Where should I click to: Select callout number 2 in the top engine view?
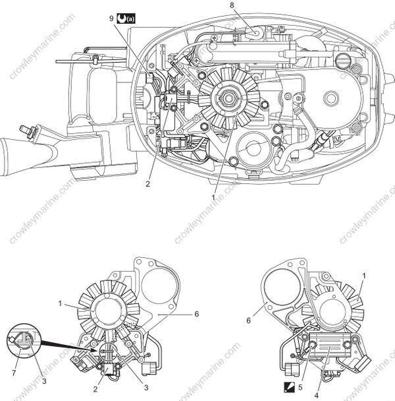[x=148, y=184]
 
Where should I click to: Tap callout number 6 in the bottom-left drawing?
[x=196, y=315]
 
